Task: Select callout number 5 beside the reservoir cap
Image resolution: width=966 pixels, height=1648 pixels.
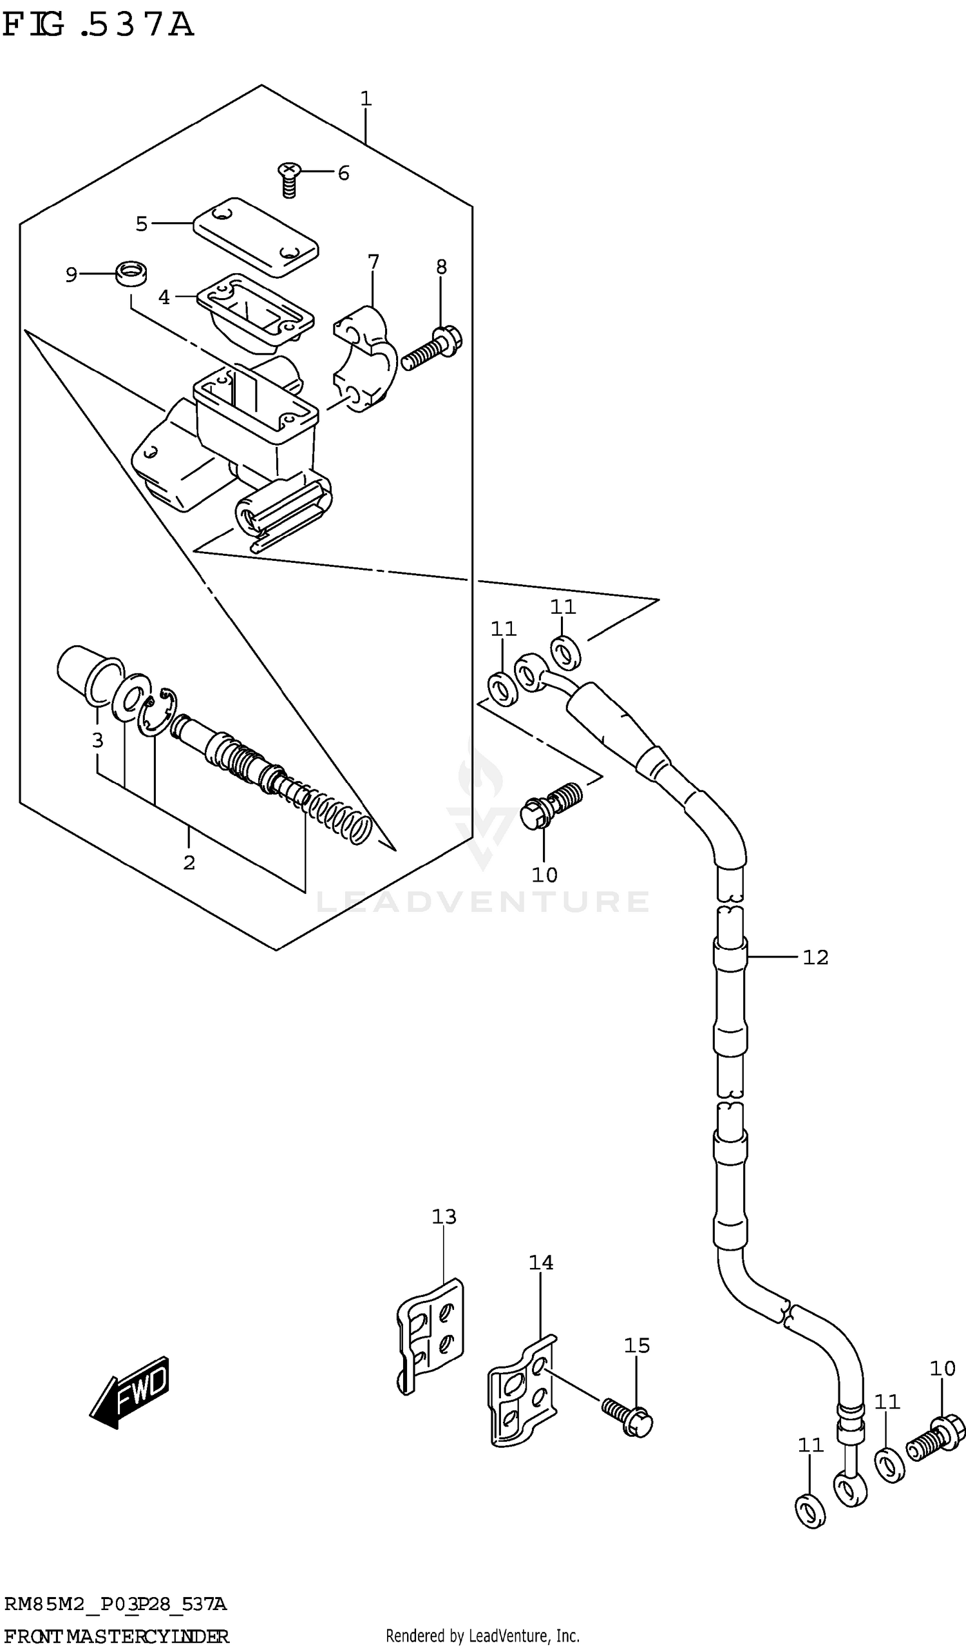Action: [x=142, y=224]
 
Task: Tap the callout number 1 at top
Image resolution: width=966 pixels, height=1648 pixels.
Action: [x=366, y=99]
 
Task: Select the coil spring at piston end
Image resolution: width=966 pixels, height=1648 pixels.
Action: [x=340, y=818]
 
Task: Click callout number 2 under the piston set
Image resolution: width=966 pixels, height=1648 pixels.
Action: [x=189, y=862]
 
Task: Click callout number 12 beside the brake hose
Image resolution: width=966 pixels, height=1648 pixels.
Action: [x=815, y=958]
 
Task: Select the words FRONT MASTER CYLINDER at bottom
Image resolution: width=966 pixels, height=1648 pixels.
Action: [x=116, y=1636]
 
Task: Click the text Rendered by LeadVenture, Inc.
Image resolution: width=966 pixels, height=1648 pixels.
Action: [x=482, y=1636]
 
